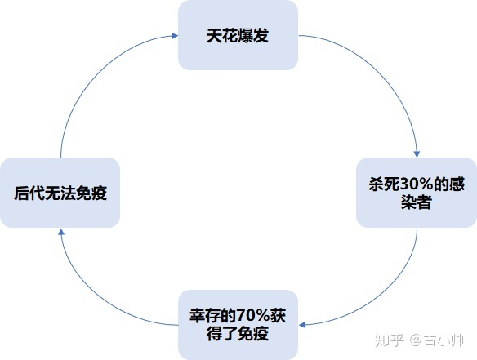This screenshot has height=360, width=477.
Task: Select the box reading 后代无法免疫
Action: pos(60,193)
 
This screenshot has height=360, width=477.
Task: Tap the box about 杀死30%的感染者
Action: pos(417,193)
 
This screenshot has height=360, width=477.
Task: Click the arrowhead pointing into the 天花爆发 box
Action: pos(174,36)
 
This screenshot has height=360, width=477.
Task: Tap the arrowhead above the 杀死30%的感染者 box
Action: pos(417,155)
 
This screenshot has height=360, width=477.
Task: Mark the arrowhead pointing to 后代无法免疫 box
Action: pos(61,233)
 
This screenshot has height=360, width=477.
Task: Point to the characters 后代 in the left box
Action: pos(27,193)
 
